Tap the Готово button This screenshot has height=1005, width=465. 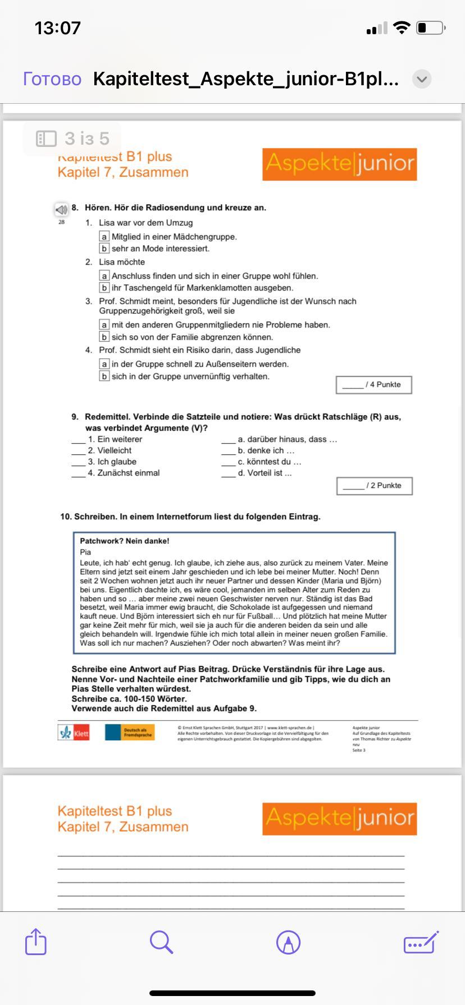(x=52, y=79)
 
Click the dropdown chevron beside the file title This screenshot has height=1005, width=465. (x=422, y=80)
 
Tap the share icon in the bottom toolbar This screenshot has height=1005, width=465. (x=36, y=942)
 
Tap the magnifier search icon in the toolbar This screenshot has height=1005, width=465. (x=161, y=942)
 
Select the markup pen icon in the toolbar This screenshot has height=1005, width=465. (x=288, y=942)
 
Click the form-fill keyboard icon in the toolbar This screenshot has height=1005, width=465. (x=421, y=942)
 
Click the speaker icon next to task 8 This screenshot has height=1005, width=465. (x=61, y=210)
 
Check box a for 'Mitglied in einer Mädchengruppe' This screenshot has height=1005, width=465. (x=104, y=237)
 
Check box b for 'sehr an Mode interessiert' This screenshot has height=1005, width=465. (x=104, y=248)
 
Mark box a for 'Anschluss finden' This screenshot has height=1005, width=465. (x=104, y=276)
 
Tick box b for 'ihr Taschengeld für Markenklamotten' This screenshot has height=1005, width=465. (x=104, y=288)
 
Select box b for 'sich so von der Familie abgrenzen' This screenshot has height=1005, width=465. (x=104, y=337)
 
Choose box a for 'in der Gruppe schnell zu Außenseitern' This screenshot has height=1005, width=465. (x=104, y=364)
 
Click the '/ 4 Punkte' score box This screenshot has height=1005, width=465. (x=373, y=385)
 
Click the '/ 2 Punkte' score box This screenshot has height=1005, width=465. (x=374, y=486)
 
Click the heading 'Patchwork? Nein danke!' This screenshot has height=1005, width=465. (x=124, y=541)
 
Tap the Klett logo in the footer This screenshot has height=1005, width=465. (x=74, y=732)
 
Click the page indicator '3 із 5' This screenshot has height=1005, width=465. (x=72, y=139)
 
